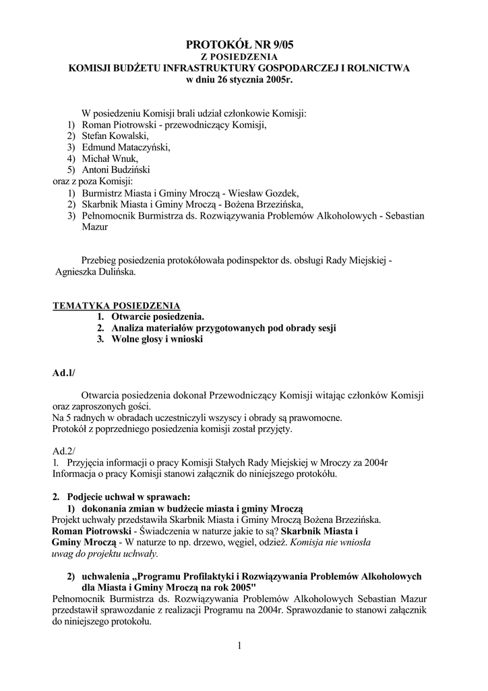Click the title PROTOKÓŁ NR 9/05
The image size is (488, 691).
(x=240, y=45)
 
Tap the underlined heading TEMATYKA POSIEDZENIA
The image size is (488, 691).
(x=117, y=305)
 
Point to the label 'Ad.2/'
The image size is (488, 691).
(x=64, y=450)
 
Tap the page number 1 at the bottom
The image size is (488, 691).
(x=239, y=646)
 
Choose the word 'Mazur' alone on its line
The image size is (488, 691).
(x=94, y=227)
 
